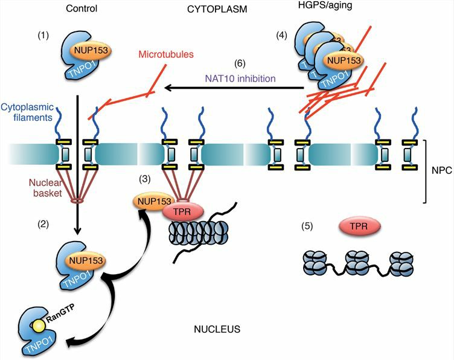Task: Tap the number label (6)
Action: tap(240, 63)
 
